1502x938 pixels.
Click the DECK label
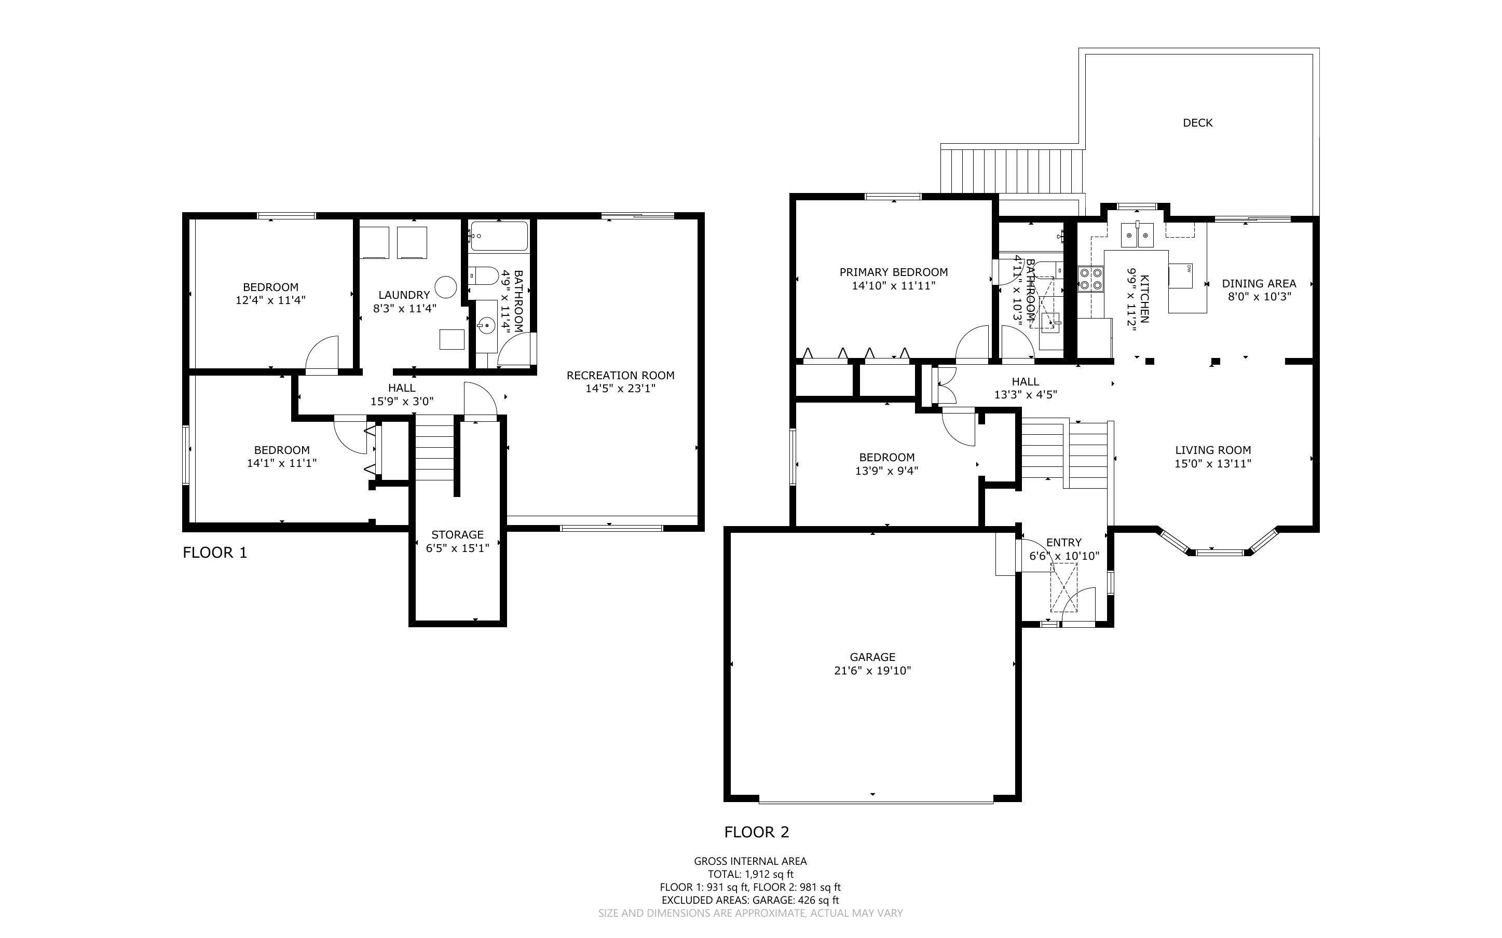1197,123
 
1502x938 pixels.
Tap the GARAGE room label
872,657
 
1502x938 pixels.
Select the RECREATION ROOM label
620,375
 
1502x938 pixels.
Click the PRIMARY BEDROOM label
893,272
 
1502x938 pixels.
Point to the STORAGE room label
457,535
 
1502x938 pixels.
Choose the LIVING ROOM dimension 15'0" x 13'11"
1213,463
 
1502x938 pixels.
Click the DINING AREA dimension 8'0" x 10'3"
1260,297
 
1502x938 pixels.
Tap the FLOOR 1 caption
215,553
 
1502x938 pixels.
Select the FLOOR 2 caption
757,833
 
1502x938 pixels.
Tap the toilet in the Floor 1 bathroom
483,275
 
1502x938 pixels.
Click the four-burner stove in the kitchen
1091,279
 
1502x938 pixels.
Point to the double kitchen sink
1137,235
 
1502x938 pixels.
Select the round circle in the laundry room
445,287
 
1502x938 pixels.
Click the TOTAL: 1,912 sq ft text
750,875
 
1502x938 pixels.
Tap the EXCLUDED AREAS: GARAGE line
750,900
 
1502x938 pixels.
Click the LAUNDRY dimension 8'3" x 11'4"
404,308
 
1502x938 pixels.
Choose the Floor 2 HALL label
1026,381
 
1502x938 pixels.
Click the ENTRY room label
1064,542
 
